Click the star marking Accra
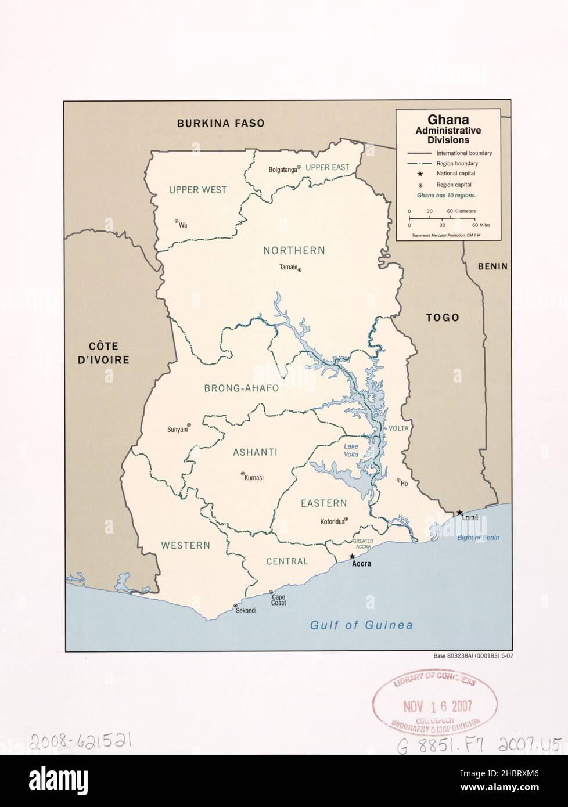[x=352, y=556]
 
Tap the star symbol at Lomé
[x=459, y=513]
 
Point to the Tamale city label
[x=288, y=268]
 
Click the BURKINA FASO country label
[x=213, y=123]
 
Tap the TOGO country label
[x=442, y=318]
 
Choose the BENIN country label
[x=492, y=266]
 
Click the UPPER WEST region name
[x=197, y=190]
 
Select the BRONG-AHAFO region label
[x=242, y=388]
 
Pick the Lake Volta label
[x=351, y=450]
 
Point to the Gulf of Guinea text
[x=361, y=625]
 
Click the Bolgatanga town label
[x=282, y=170]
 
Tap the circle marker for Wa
[x=176, y=221]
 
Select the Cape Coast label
[x=278, y=600]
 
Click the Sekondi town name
[x=246, y=610]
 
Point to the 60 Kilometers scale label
[x=462, y=211]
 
